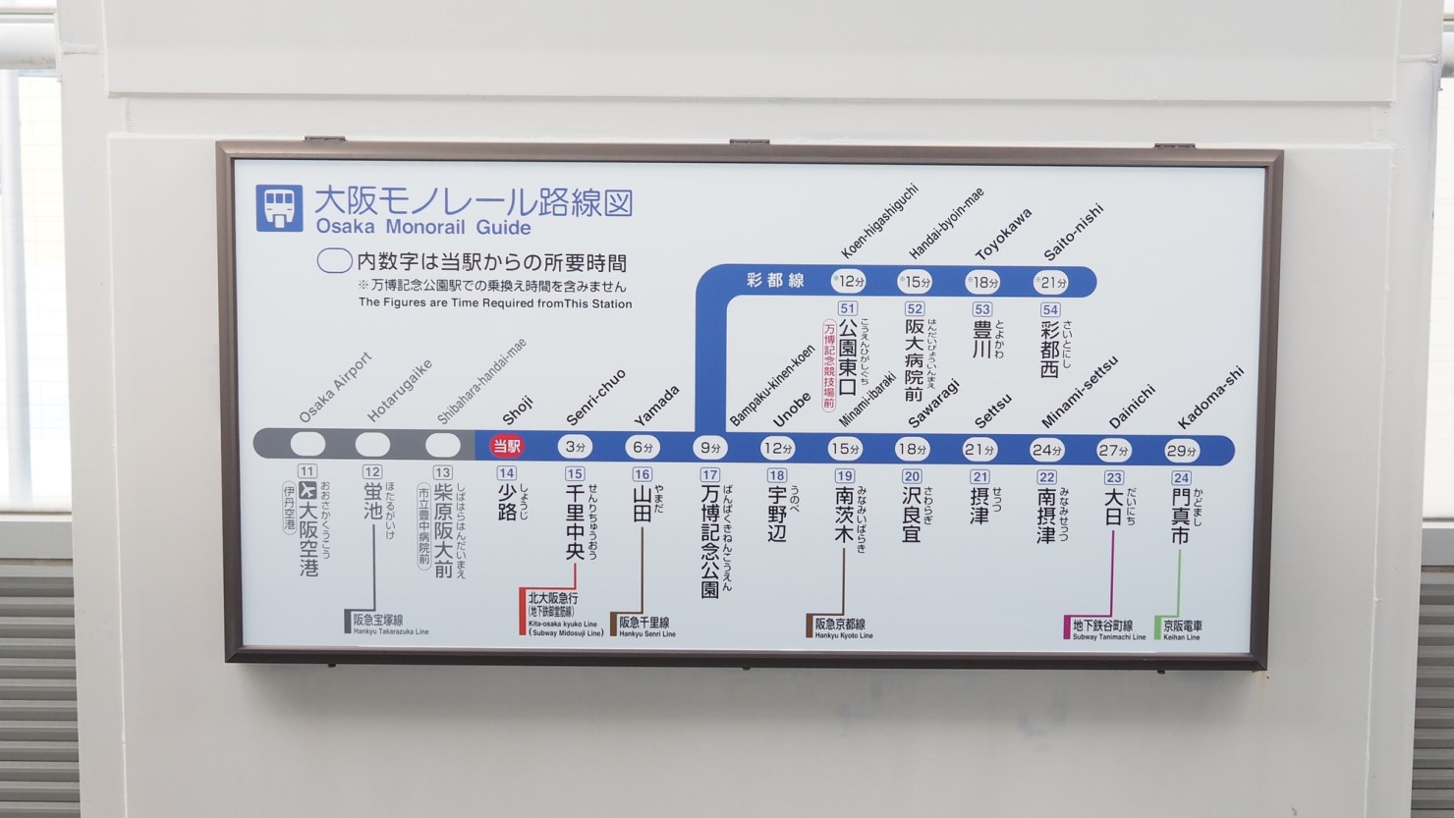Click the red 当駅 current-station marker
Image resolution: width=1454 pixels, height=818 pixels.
click(508, 446)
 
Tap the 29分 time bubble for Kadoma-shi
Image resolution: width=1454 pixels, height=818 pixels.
click(1181, 451)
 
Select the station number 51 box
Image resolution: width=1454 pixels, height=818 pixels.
click(847, 308)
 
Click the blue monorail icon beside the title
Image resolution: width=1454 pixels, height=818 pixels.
click(279, 208)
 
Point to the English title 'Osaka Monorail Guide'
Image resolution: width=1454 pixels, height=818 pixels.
click(423, 228)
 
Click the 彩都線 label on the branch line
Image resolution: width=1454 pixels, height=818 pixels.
click(775, 281)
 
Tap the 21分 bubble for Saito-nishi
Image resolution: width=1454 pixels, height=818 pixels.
click(1051, 282)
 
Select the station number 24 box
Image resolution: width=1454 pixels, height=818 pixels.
click(1181, 478)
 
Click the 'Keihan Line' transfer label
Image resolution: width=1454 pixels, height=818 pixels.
click(1182, 628)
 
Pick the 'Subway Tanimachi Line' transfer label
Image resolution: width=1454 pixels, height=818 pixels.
click(1106, 628)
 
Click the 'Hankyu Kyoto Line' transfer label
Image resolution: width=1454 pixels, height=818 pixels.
click(841, 627)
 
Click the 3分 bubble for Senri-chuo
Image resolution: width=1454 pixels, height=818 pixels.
click(575, 447)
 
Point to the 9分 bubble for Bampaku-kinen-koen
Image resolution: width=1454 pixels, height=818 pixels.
click(709, 448)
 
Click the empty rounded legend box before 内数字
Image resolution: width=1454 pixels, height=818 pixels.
click(334, 262)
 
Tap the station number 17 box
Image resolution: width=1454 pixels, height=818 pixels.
click(709, 475)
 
